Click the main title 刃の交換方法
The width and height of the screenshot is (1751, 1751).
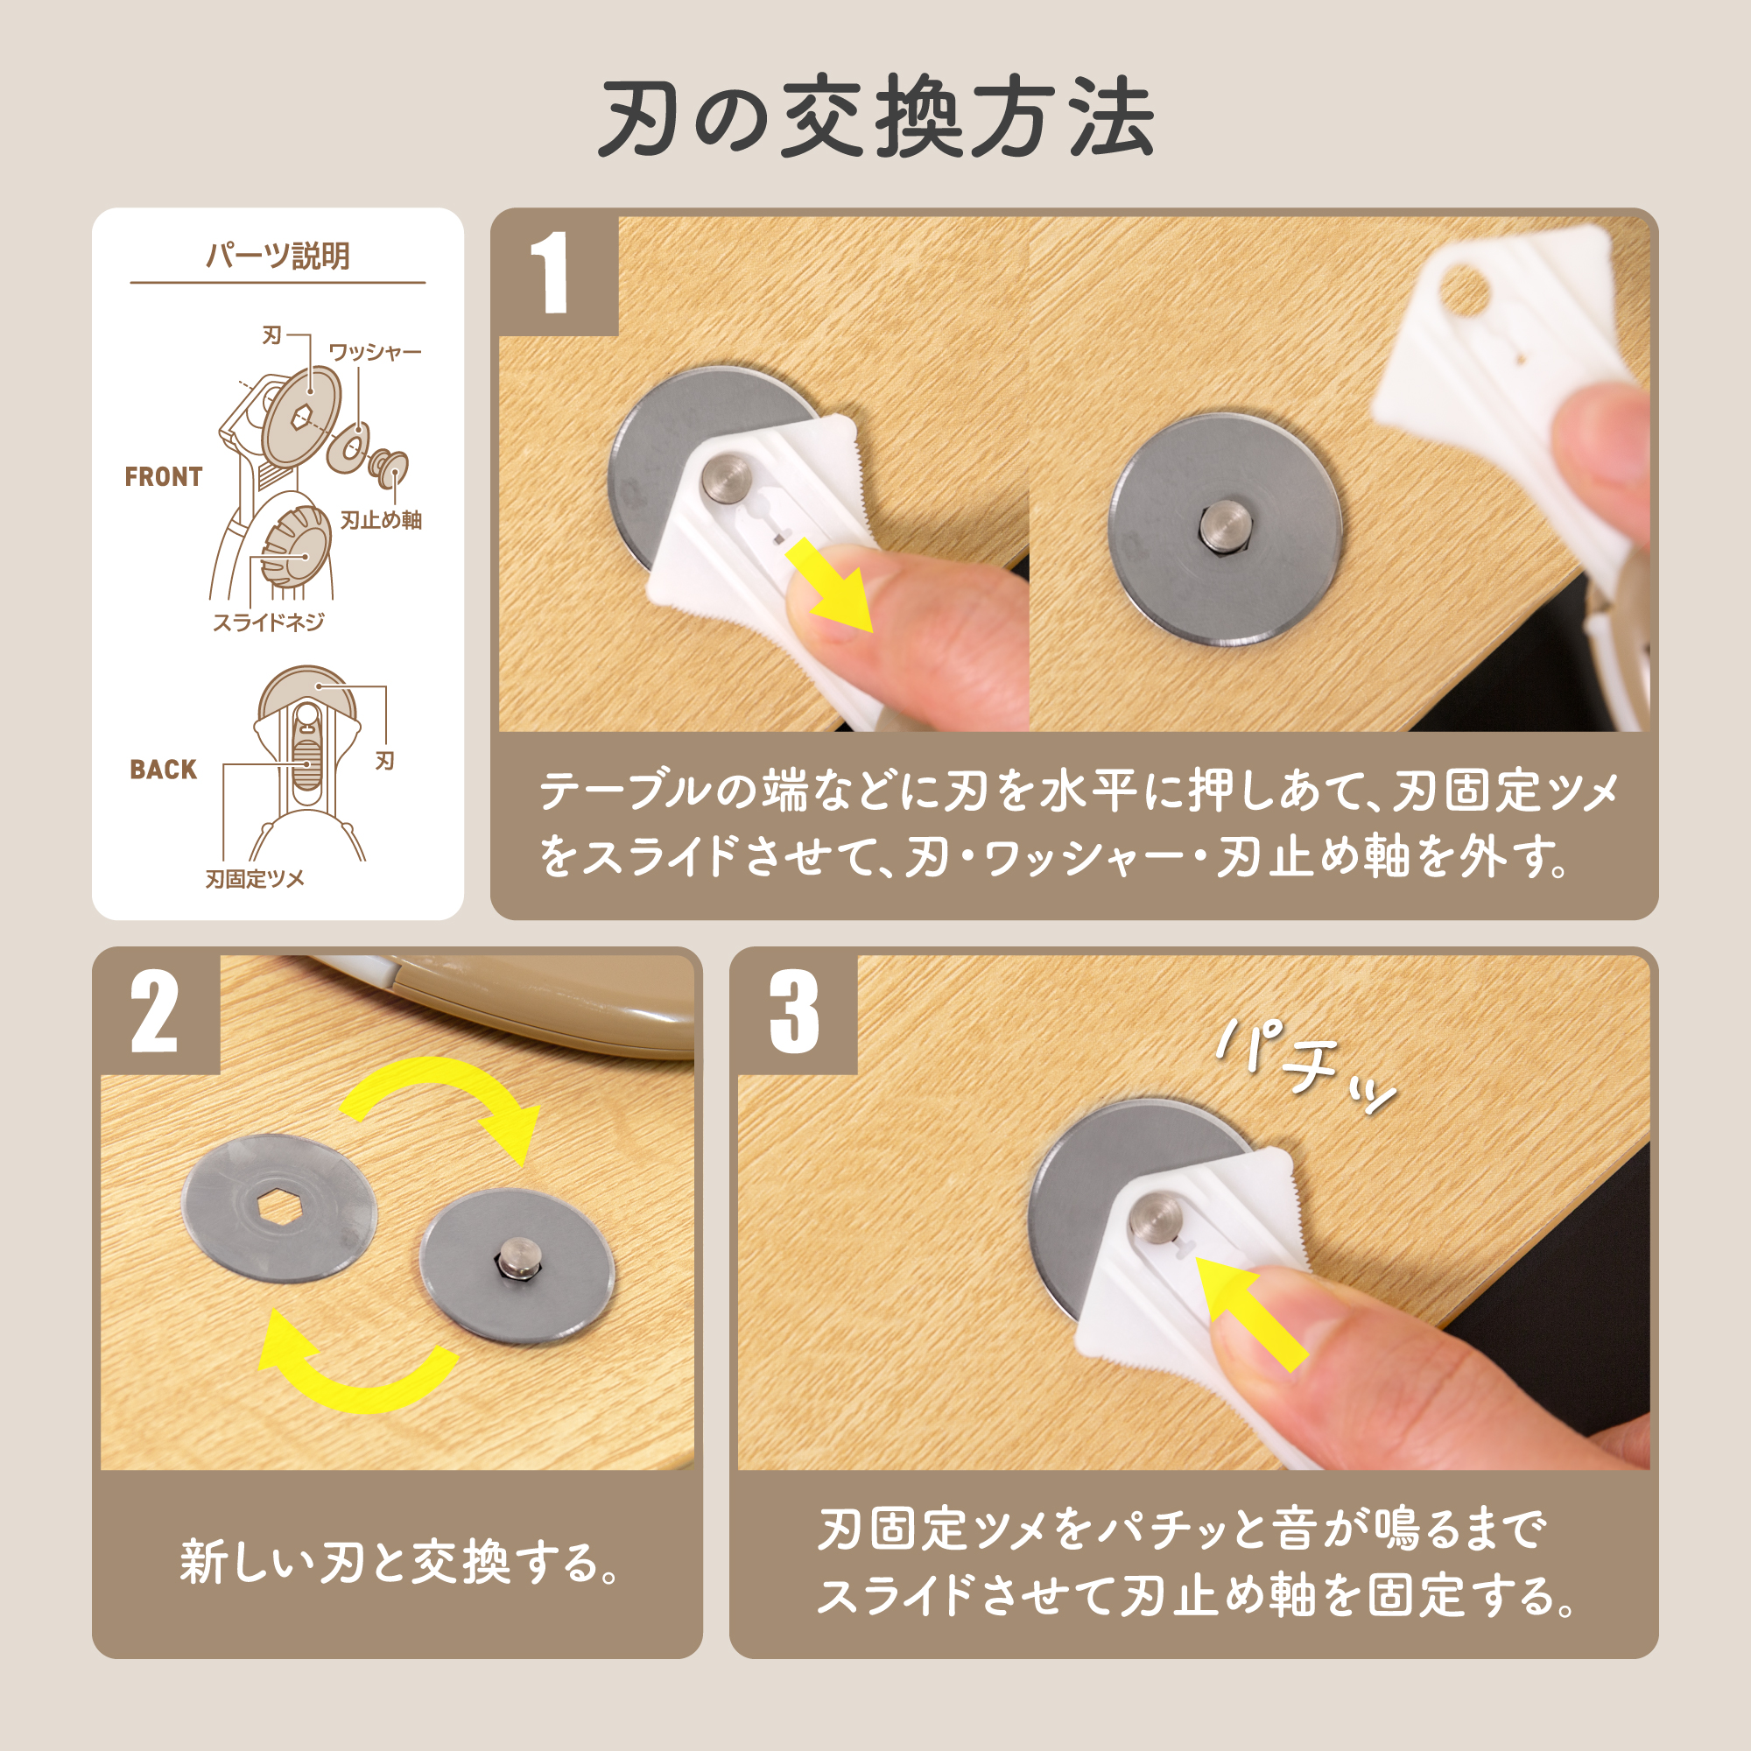coord(875,119)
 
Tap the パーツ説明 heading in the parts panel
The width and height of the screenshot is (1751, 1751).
coord(278,257)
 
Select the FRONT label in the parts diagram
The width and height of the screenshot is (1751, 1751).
coord(163,477)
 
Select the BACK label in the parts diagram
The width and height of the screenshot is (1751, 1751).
coord(163,770)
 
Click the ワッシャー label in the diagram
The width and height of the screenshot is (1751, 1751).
coord(376,352)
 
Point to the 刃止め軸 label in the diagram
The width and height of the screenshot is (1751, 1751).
coord(382,519)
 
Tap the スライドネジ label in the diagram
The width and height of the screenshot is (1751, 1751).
coord(268,622)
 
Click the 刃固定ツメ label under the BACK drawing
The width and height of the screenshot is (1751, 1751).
coord(255,878)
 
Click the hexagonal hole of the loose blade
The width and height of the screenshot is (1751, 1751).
coord(280,1207)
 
